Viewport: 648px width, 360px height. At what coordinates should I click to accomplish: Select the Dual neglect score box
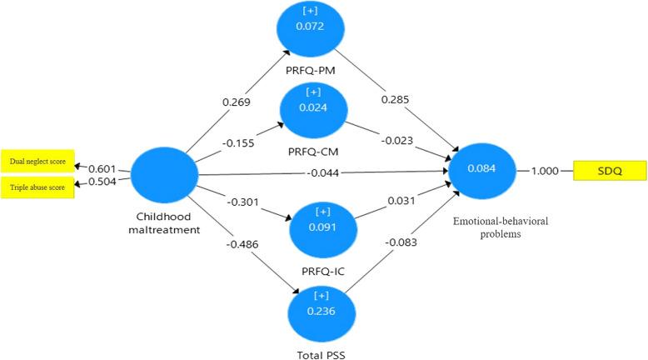tap(37, 160)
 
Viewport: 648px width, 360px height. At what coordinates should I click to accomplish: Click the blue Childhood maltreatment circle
tap(165, 173)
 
